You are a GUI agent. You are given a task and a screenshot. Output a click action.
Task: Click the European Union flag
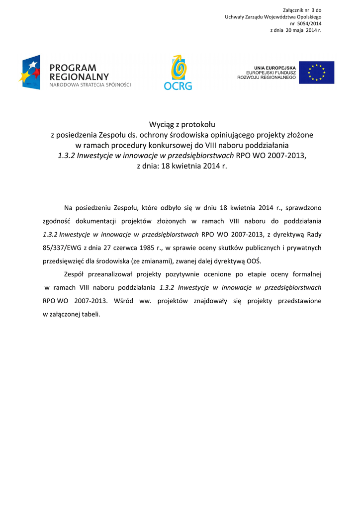coord(316,72)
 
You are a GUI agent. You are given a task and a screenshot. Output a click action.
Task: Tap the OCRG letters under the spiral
coord(178,86)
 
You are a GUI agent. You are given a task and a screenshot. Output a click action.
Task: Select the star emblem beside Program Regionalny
coord(30,72)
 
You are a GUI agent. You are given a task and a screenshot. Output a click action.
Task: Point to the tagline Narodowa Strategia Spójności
coord(90,85)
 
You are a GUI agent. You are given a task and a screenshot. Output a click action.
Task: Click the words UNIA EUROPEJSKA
coord(274,68)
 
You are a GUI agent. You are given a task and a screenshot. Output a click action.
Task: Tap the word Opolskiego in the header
coord(309,17)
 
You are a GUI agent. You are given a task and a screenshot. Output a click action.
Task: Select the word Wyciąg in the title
coord(162,124)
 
